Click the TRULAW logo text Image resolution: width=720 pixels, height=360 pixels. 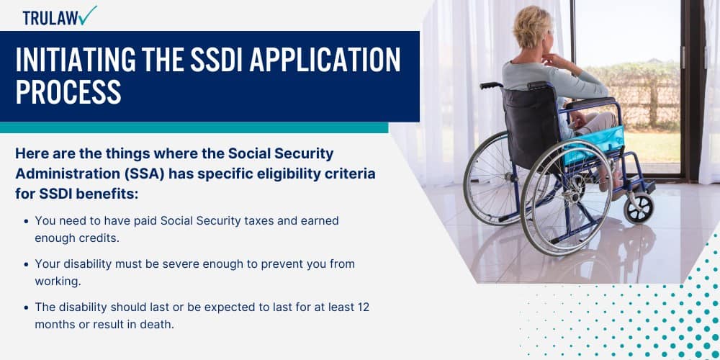click(x=50, y=17)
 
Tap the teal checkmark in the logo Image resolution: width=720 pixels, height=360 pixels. click(x=88, y=15)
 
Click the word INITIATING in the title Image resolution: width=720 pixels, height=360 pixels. click(x=76, y=60)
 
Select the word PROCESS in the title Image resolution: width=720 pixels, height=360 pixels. click(x=68, y=92)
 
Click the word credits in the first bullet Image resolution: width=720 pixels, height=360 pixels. click(x=101, y=238)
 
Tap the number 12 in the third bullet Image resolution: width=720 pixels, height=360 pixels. click(x=363, y=307)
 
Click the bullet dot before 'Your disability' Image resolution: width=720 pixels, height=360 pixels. click(x=27, y=264)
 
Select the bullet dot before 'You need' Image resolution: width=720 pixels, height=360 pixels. click(x=27, y=221)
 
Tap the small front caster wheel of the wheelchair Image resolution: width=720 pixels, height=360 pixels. click(x=638, y=208)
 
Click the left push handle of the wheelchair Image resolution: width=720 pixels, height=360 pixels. click(x=491, y=86)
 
